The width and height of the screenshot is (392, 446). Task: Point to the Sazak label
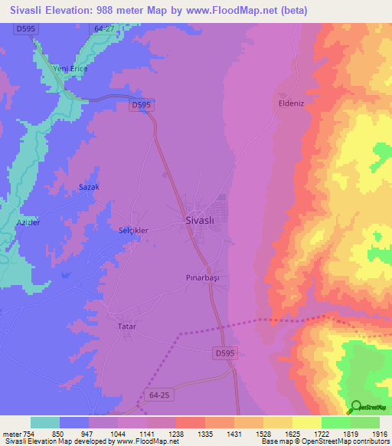pyautogui.click(x=90, y=187)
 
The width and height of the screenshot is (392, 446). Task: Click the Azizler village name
pyautogui.click(x=28, y=222)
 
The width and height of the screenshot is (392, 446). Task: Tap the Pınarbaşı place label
pyautogui.click(x=203, y=277)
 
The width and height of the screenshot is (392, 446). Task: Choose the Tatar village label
pyautogui.click(x=126, y=326)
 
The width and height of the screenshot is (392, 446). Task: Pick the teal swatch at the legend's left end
pyautogui.click(x=45, y=422)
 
